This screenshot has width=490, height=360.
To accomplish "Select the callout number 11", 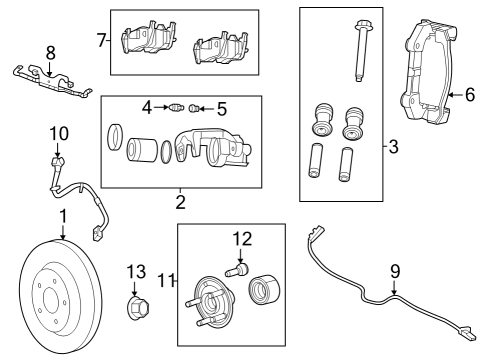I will tap(167, 282).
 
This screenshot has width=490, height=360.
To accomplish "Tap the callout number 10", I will tap(58, 132).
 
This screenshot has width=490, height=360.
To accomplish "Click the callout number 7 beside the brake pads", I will tap(102, 41).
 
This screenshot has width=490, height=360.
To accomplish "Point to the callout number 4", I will tap(146, 106).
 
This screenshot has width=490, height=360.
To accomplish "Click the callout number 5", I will tap(222, 107).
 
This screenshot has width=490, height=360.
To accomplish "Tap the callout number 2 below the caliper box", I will tap(180, 202).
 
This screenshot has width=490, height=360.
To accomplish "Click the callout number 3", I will tap(393, 148).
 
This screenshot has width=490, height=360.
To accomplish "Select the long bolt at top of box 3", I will tap(358, 49).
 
